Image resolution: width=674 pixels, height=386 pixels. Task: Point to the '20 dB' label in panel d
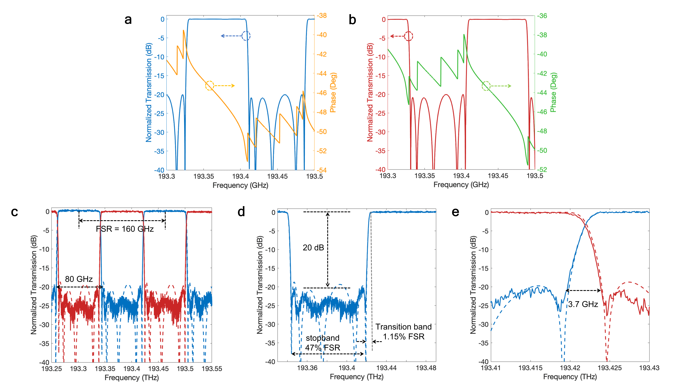coord(313,248)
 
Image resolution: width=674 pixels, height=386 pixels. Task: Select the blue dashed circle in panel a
coord(246,36)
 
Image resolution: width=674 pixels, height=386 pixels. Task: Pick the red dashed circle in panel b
coord(408,36)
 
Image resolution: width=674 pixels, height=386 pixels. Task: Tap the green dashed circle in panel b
coord(486,86)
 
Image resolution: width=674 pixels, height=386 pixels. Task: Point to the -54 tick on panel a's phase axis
coord(322,170)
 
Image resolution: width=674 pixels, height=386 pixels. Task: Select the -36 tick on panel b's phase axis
coord(542,16)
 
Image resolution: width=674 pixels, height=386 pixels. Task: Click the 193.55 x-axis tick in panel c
coord(212,369)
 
